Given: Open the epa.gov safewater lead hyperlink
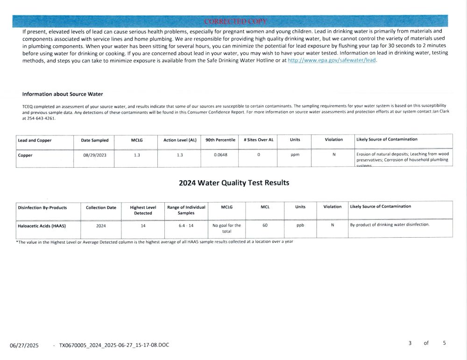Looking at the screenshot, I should (332, 61).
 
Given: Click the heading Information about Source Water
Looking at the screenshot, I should (63, 94).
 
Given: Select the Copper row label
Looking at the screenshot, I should (25, 155).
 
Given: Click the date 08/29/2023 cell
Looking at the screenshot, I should (95, 155).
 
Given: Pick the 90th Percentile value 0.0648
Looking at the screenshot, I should (220, 155).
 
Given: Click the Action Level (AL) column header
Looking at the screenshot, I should (180, 140).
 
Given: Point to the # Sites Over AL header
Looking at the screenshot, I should (258, 140).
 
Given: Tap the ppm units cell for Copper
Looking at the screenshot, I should (295, 155).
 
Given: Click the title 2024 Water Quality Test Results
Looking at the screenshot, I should (234, 183).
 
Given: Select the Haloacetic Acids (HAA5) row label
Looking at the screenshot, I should (42, 226).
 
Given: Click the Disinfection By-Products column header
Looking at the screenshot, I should (42, 207).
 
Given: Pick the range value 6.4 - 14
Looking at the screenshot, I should (186, 226).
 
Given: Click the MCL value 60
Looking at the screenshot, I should (265, 226).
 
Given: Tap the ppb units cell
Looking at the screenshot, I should (300, 226).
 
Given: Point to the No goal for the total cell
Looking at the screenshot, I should (226, 228).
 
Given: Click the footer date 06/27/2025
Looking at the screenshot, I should (24, 346).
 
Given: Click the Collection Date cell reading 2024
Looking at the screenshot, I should (101, 226).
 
